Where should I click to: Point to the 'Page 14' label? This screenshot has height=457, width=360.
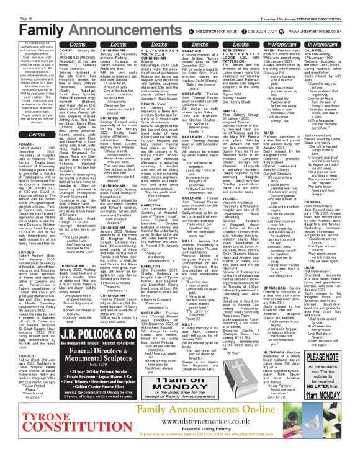click(11, 3)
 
